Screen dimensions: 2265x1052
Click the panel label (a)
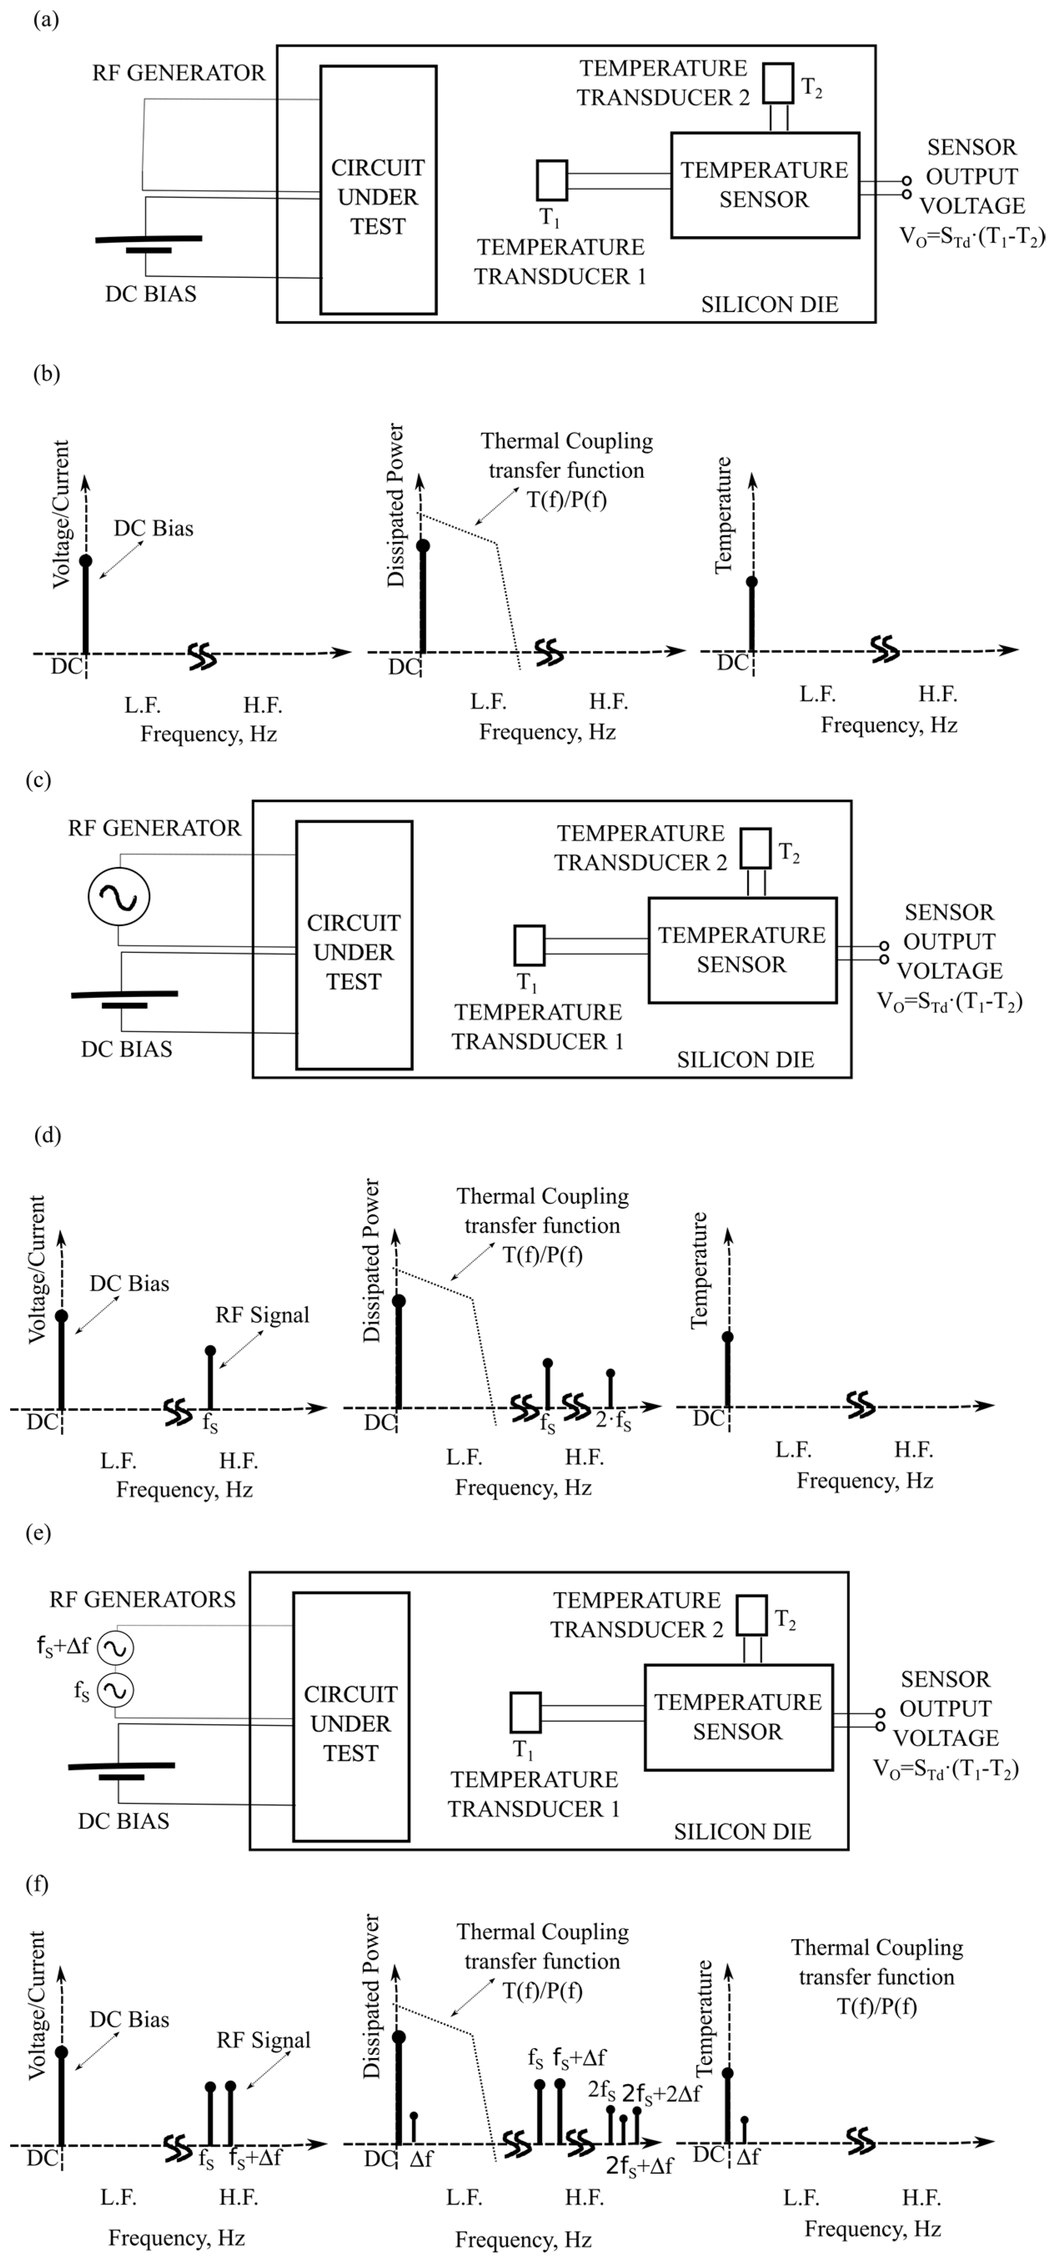tap(46, 19)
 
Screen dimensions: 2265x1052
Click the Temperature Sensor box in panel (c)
tap(742, 950)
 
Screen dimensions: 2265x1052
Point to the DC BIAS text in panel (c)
tap(127, 1049)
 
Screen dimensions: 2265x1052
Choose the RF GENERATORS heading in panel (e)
tap(143, 1599)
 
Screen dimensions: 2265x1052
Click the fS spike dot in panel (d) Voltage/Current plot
tap(210, 1350)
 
